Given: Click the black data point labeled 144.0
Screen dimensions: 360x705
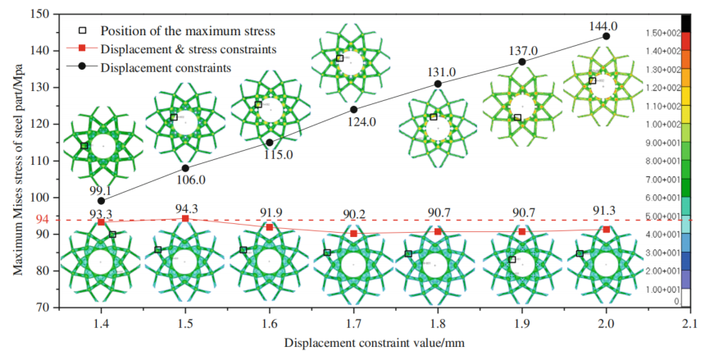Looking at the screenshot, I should [x=606, y=36].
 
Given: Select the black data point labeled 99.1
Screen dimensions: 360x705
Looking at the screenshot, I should [x=101, y=200].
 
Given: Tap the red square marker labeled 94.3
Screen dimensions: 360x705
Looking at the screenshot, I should [x=185, y=218].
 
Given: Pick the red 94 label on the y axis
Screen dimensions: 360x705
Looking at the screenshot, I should [x=41, y=220].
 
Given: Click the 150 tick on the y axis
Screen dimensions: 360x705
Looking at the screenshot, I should [x=39, y=14].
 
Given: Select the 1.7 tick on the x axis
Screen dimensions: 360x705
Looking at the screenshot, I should [x=353, y=321].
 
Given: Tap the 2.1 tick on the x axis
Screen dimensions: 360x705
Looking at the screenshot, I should [x=690, y=321].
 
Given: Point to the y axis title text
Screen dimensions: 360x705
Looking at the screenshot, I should [x=16, y=161].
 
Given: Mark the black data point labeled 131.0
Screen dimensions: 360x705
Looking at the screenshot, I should [x=438, y=84].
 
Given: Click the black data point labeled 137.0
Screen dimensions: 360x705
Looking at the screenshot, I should [x=522, y=62].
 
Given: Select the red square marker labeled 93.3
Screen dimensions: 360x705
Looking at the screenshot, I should [x=101, y=222].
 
